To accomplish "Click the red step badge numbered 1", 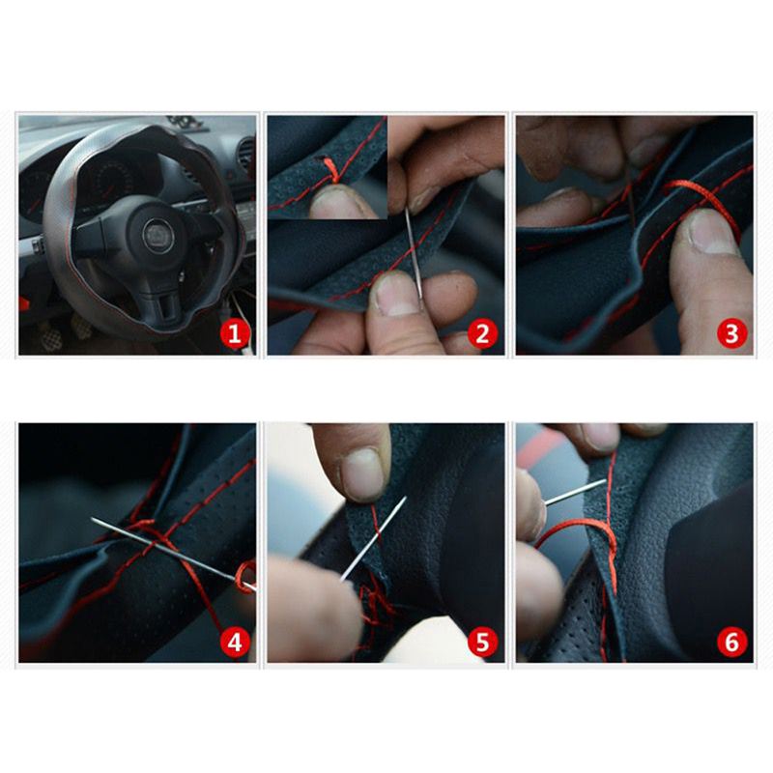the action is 234,333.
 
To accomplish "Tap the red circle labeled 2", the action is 482,333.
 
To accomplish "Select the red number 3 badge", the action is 732,333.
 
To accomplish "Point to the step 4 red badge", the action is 234,643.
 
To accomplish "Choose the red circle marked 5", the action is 482,643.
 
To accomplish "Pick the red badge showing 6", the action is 732,643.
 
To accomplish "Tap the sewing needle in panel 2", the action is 415,255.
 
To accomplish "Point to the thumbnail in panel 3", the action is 713,231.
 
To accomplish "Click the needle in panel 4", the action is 174,554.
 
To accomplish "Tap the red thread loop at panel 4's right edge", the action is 245,577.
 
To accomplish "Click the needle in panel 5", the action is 373,539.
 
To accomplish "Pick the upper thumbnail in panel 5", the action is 363,473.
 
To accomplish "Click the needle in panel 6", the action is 575,492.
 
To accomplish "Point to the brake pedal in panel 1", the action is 52,337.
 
